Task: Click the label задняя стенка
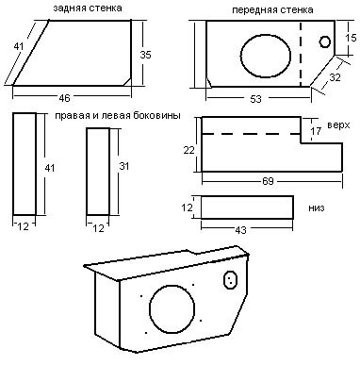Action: click(88, 8)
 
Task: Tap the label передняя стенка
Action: click(272, 9)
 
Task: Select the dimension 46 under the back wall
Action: click(64, 98)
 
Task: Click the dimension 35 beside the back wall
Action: click(145, 55)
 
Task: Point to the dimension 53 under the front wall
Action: click(255, 99)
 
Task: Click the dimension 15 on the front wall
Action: click(351, 38)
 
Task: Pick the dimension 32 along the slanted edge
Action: click(335, 77)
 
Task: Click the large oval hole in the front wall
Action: click(266, 56)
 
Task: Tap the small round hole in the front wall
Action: click(325, 41)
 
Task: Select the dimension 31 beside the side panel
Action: click(124, 166)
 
